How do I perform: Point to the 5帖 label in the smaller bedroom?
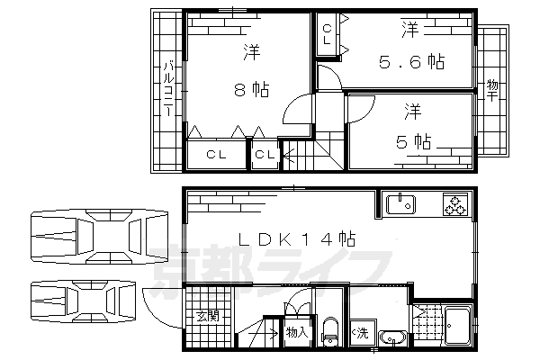pos(413,141)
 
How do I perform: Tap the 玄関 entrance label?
pos(207,317)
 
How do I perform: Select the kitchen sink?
pos(401,205)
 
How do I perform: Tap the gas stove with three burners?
pos(455,206)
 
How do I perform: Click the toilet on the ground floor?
pos(329,330)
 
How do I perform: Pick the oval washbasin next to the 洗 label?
pos(392,338)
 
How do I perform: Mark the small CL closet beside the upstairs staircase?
pos(265,156)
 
